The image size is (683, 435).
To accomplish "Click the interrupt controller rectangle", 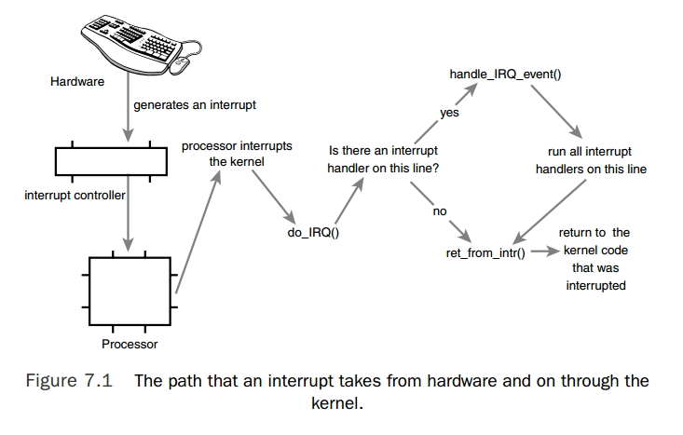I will click(x=110, y=161).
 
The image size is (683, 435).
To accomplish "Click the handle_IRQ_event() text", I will click(x=506, y=72).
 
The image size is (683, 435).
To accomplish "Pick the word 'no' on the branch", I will click(x=440, y=211).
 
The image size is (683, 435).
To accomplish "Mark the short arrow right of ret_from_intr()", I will click(x=545, y=252).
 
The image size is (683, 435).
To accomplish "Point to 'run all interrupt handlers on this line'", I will click(x=591, y=160).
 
